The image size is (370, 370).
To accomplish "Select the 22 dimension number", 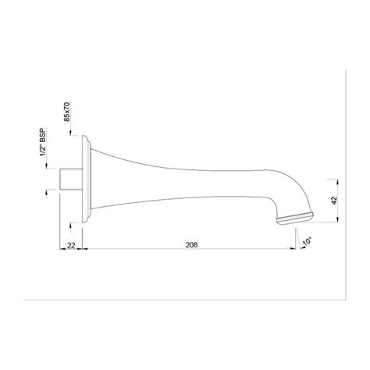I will tap(71, 245).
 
